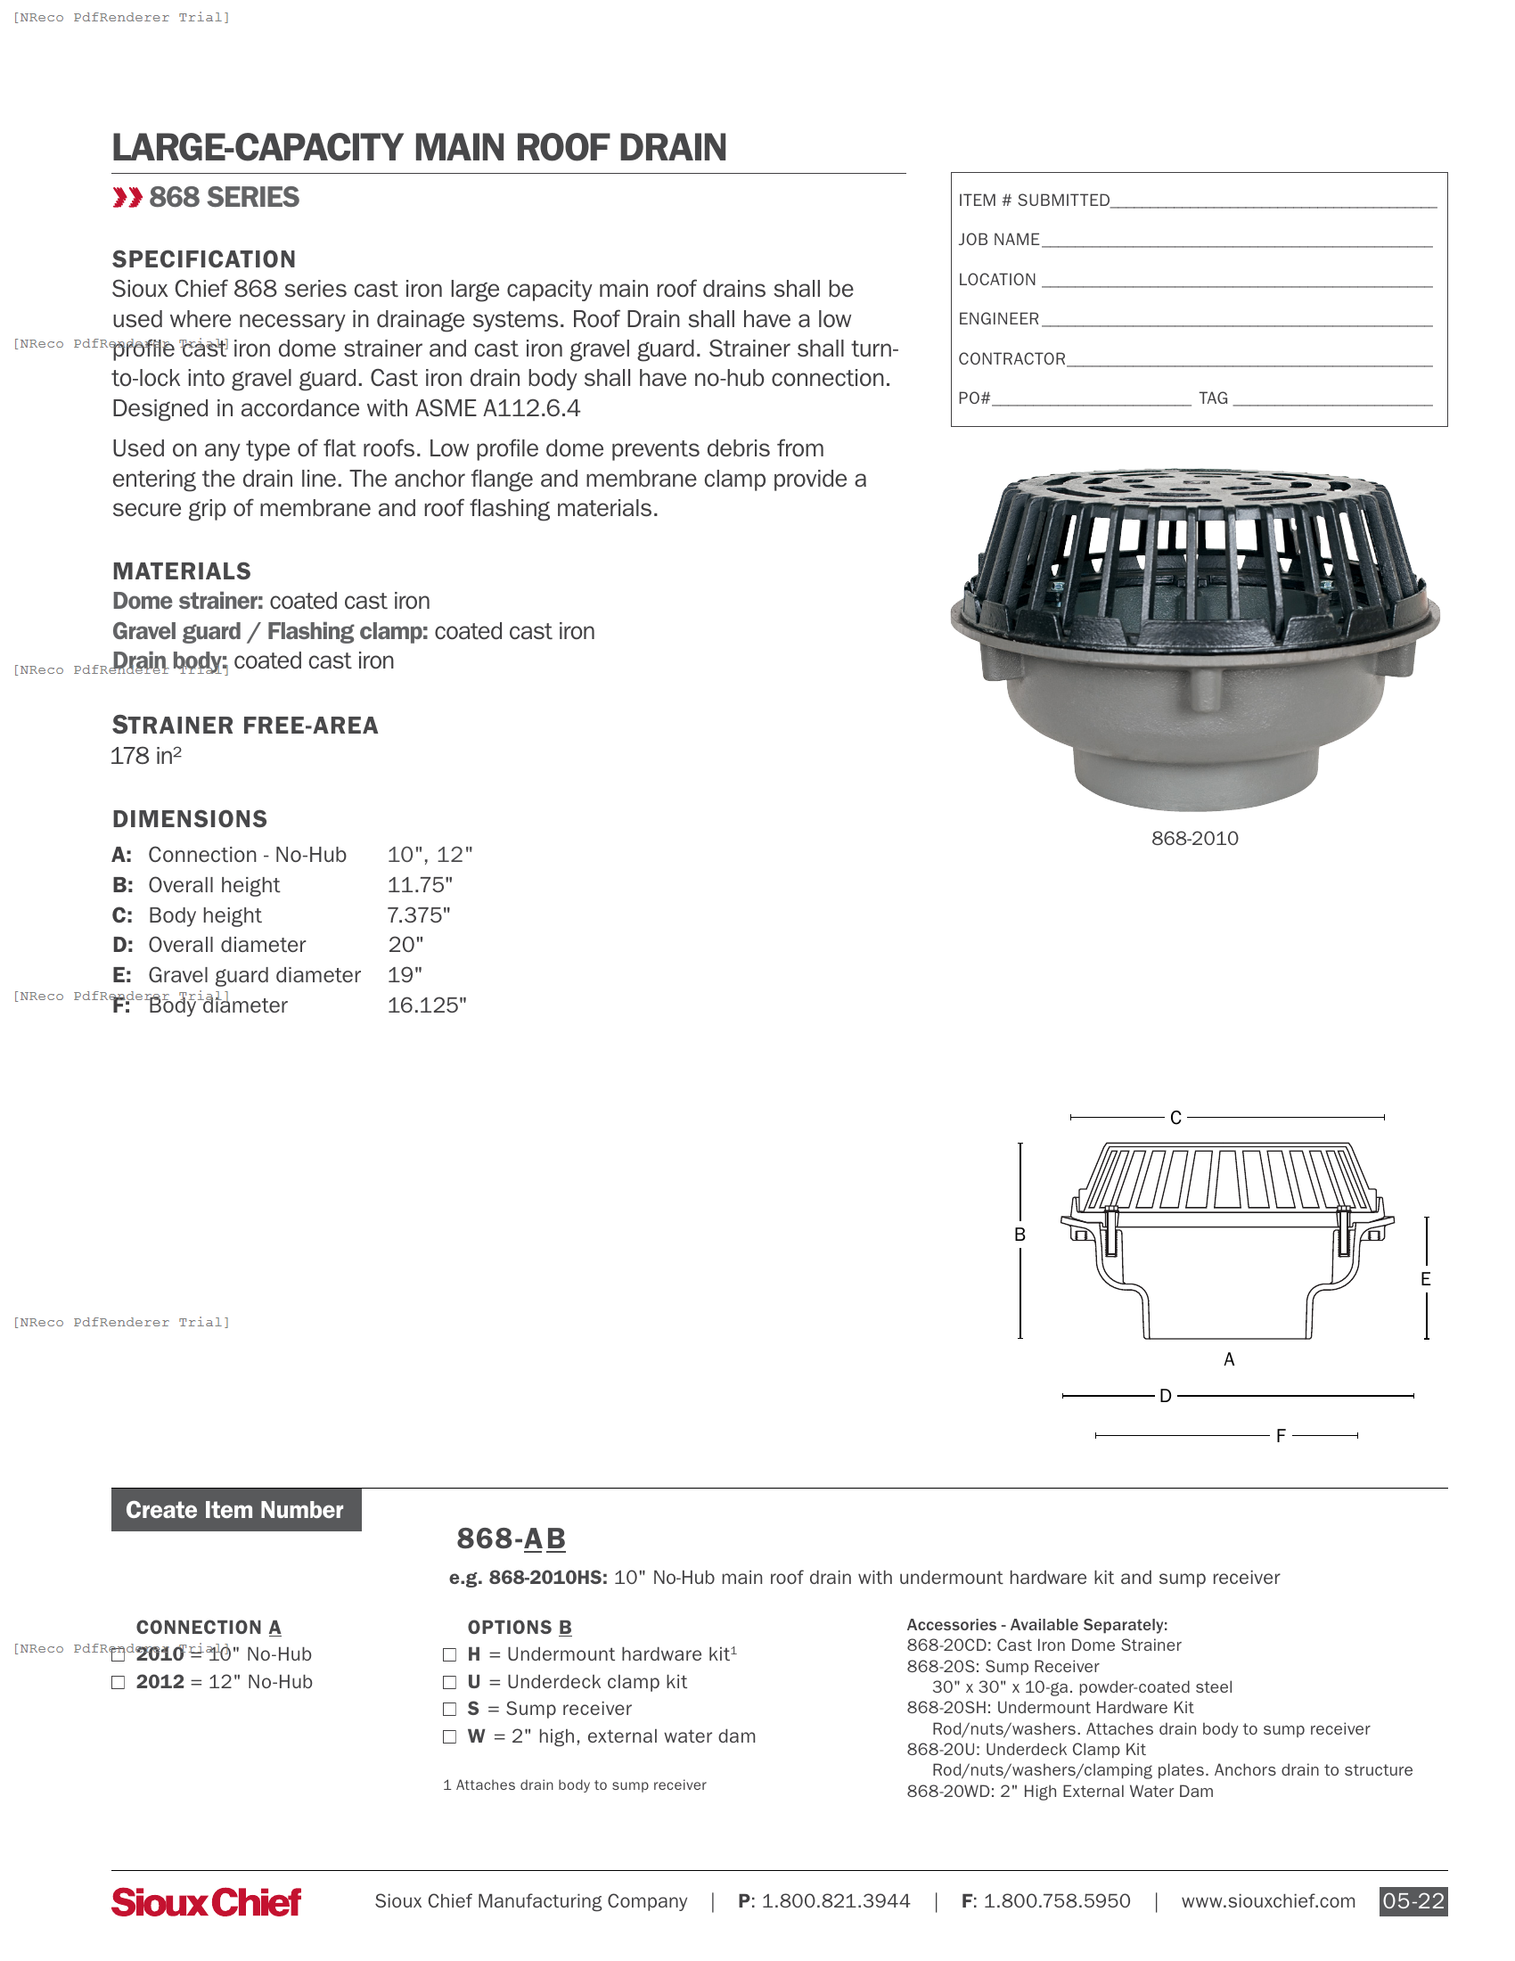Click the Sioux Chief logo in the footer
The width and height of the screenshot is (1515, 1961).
pyautogui.click(x=206, y=1901)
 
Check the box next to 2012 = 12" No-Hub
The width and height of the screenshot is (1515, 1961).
pyautogui.click(x=118, y=1682)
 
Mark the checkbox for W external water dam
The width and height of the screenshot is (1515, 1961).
pyautogui.click(x=449, y=1736)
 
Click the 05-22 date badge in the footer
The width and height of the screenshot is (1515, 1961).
pyautogui.click(x=1413, y=1901)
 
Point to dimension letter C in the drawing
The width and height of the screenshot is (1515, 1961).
pyautogui.click(x=1175, y=1118)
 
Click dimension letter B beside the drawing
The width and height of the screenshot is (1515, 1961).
pyautogui.click(x=1020, y=1235)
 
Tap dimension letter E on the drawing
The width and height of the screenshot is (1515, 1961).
pyautogui.click(x=1425, y=1279)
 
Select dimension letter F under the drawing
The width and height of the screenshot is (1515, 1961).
pyautogui.click(x=1281, y=1436)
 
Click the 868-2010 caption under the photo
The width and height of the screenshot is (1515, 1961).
pyautogui.click(x=1194, y=839)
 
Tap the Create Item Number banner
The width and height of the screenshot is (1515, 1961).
pyautogui.click(x=235, y=1510)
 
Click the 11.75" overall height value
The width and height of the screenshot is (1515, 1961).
pyautogui.click(x=419, y=885)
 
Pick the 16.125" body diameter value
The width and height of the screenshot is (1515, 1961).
pyautogui.click(x=426, y=1005)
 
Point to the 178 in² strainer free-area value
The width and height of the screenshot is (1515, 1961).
pyautogui.click(x=146, y=756)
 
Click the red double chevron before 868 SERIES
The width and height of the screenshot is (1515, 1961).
pyautogui.click(x=127, y=198)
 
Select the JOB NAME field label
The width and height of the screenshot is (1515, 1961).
pyautogui.click(x=998, y=240)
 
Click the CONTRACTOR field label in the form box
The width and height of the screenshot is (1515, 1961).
pyautogui.click(x=1011, y=359)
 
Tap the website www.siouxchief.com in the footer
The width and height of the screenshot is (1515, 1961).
pyautogui.click(x=1267, y=1901)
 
